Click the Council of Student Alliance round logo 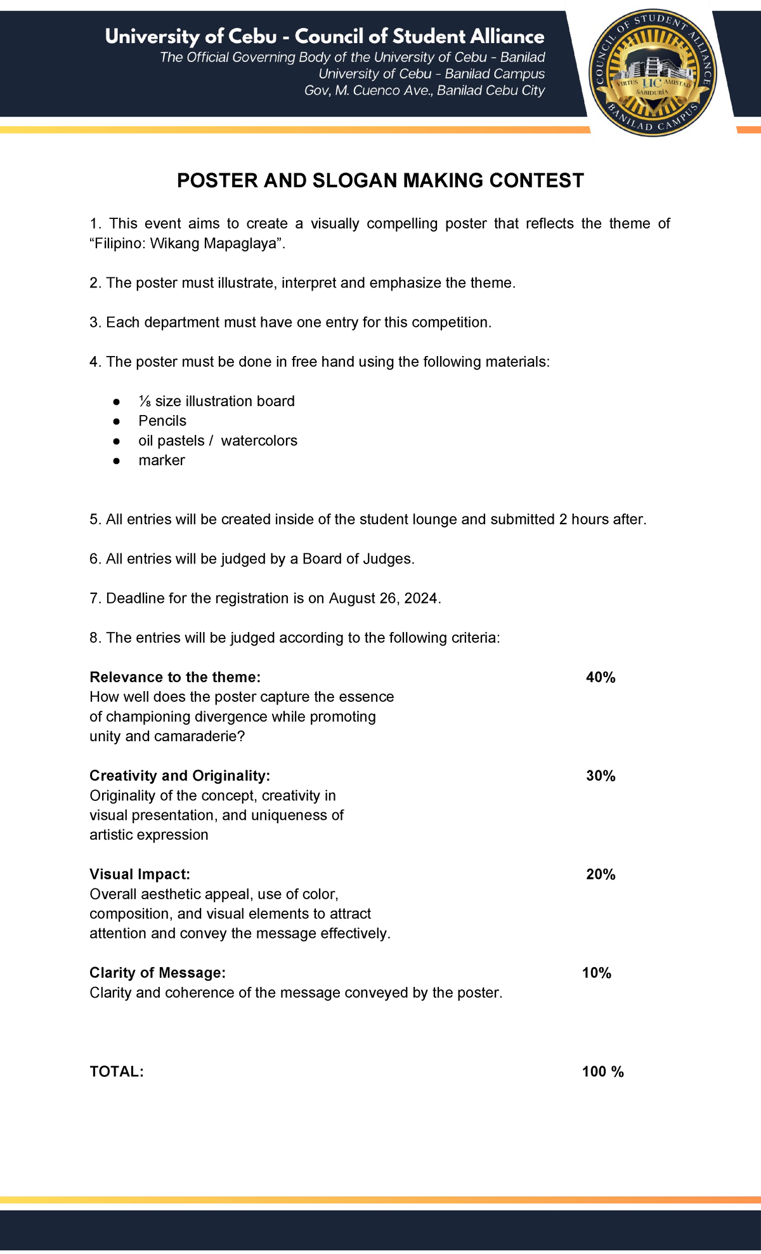click(x=653, y=73)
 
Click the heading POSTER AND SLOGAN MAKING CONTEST click(x=380, y=181)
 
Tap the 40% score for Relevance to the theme click(x=601, y=678)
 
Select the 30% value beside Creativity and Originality click(x=601, y=776)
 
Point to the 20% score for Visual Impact click(x=601, y=874)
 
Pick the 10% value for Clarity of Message click(x=596, y=973)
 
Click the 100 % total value click(x=602, y=1072)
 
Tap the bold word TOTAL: click(x=117, y=1072)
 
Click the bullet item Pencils click(x=162, y=421)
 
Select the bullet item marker click(x=162, y=461)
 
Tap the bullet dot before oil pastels click(x=116, y=441)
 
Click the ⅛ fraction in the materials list click(x=145, y=402)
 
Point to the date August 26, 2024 click(x=383, y=598)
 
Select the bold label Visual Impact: click(x=140, y=874)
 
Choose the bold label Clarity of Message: click(x=157, y=973)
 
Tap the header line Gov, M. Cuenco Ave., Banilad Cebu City click(x=424, y=91)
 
